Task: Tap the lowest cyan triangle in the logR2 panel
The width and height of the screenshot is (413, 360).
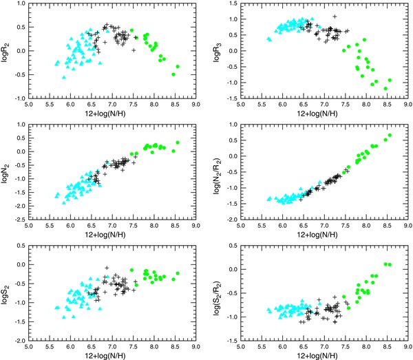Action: coord(64,77)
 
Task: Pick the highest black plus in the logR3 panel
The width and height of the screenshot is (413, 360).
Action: coord(335,16)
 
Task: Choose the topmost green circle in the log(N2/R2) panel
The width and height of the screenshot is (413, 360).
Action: coord(390,135)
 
